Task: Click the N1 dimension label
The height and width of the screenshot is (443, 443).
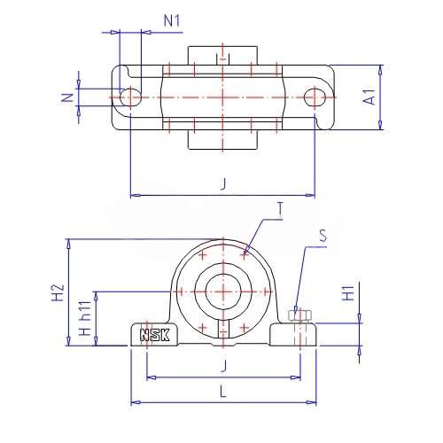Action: (x=172, y=21)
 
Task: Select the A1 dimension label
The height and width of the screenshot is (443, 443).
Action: (x=369, y=97)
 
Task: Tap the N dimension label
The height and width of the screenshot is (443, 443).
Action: (x=68, y=97)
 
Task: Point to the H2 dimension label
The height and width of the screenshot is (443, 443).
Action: (x=58, y=292)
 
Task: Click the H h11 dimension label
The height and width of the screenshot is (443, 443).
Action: (x=86, y=318)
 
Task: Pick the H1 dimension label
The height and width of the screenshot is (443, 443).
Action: (x=348, y=293)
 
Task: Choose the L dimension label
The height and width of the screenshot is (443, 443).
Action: (x=223, y=392)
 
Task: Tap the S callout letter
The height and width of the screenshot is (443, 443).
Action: (x=323, y=236)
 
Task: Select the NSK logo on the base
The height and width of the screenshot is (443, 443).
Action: (x=155, y=335)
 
